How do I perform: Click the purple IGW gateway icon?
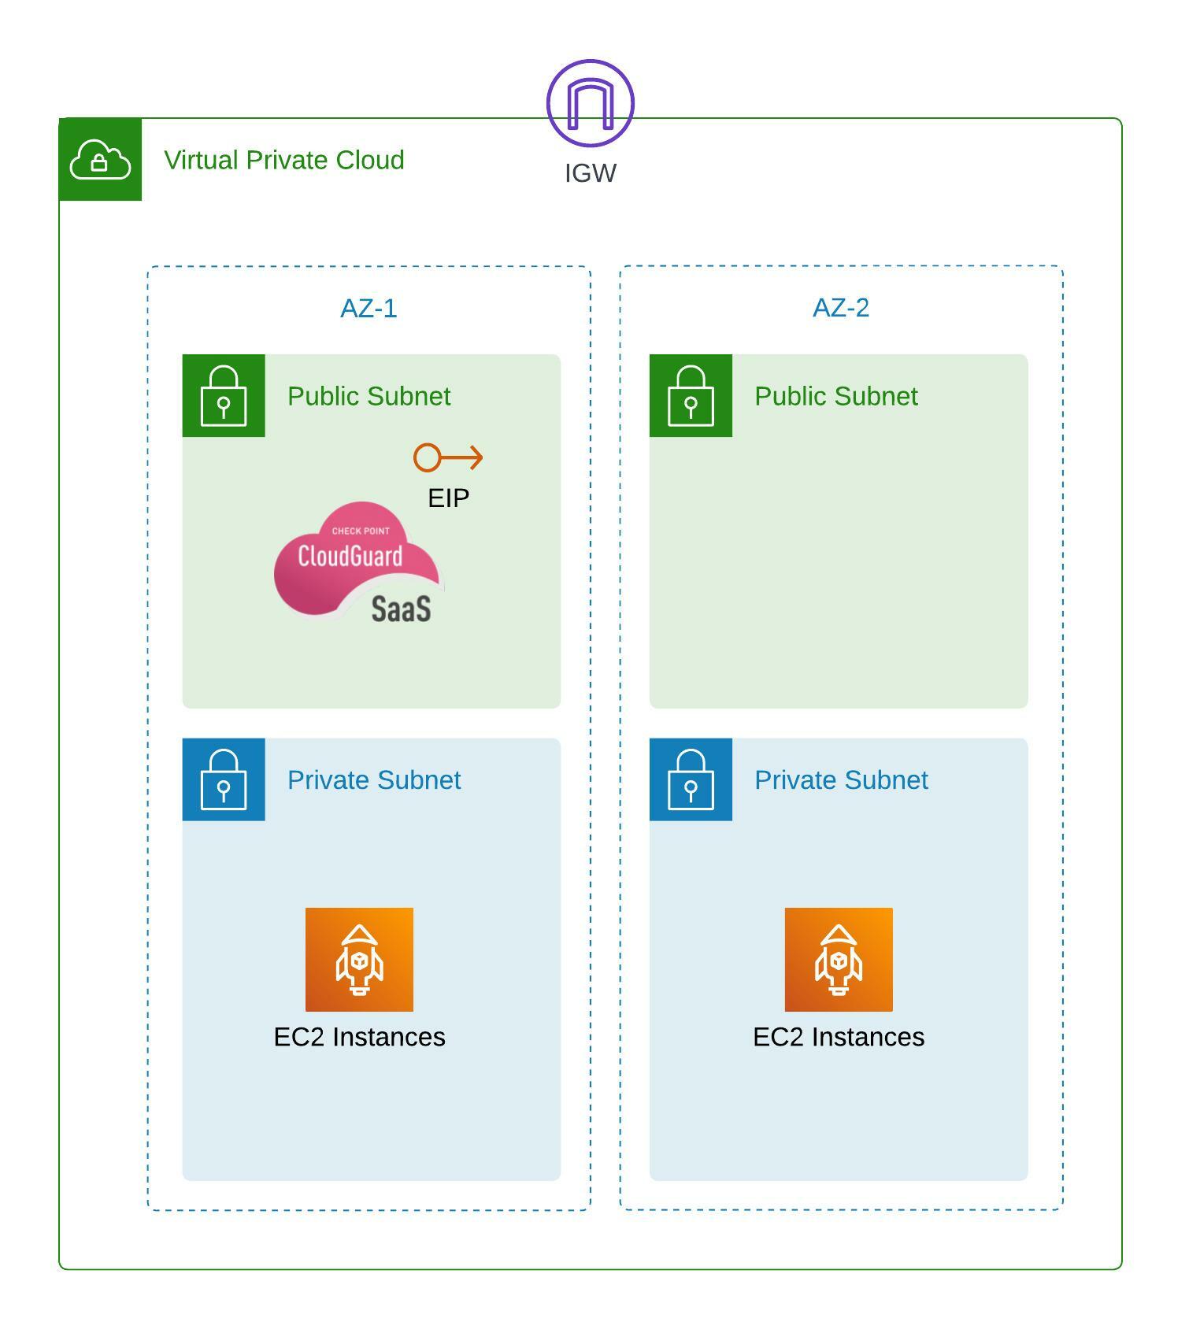pyautogui.click(x=590, y=103)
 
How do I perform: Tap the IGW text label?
pyautogui.click(x=590, y=173)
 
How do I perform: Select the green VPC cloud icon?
pyautogui.click(x=100, y=160)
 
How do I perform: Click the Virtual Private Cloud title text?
pyautogui.click(x=283, y=160)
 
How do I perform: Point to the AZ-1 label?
pyautogui.click(x=369, y=308)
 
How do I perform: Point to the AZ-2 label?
pyautogui.click(x=840, y=307)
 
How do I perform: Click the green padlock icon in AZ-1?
pyautogui.click(x=224, y=395)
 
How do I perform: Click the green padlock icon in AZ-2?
pyautogui.click(x=691, y=395)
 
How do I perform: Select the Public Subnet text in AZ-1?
pyautogui.click(x=369, y=396)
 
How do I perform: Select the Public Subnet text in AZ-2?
pyautogui.click(x=835, y=396)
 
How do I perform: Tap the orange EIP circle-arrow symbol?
pyautogui.click(x=447, y=457)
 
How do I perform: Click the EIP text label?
pyautogui.click(x=448, y=498)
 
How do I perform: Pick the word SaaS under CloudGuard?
pyautogui.click(x=401, y=609)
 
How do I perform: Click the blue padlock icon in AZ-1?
pyautogui.click(x=224, y=779)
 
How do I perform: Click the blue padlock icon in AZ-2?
pyautogui.click(x=691, y=779)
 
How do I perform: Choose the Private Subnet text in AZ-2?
pyautogui.click(x=840, y=780)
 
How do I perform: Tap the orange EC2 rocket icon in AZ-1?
pyautogui.click(x=359, y=959)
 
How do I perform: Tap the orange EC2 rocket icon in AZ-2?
pyautogui.click(x=838, y=959)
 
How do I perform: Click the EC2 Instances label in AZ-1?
pyautogui.click(x=359, y=1037)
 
